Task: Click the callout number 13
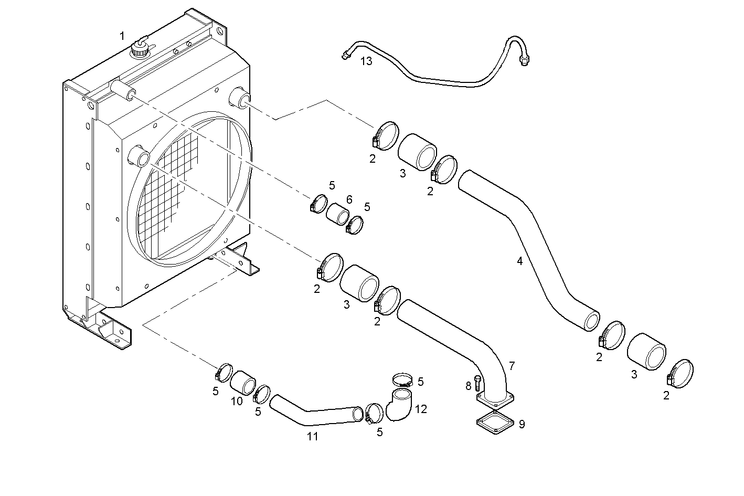click(x=366, y=61)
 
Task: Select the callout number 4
click(x=519, y=260)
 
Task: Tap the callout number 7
click(x=512, y=365)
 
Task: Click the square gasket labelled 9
click(x=493, y=422)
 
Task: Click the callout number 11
click(x=313, y=436)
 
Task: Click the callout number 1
click(x=122, y=36)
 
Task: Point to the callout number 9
click(x=522, y=424)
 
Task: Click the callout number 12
click(x=421, y=408)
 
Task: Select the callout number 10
click(x=236, y=401)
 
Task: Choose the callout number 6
click(x=349, y=199)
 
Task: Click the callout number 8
click(x=468, y=386)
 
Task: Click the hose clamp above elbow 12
click(x=403, y=379)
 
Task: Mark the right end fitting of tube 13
click(x=524, y=62)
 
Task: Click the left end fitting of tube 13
click(x=345, y=55)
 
